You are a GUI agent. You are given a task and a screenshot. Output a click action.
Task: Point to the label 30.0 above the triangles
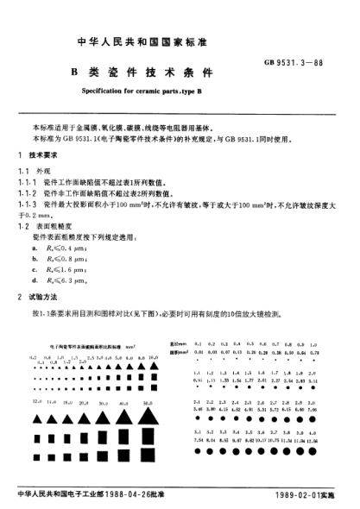click(127, 402)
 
